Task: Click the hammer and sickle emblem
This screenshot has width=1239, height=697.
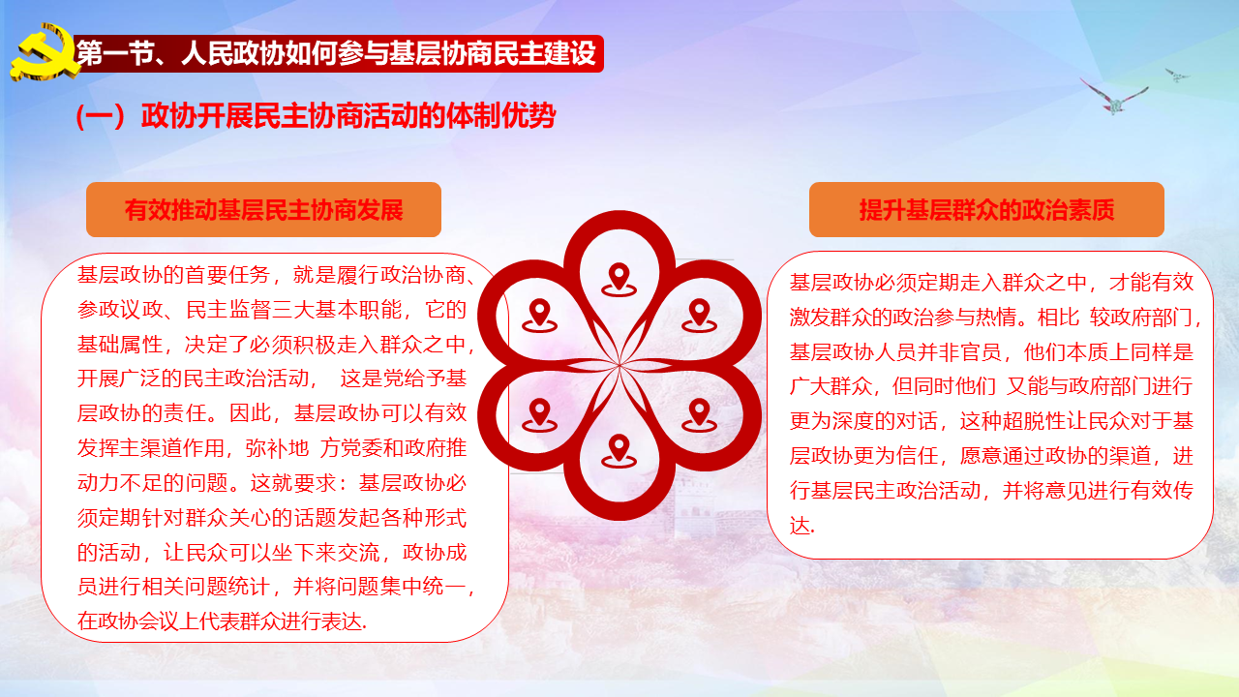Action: [45, 53]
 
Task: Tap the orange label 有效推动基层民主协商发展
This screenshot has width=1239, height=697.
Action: [263, 210]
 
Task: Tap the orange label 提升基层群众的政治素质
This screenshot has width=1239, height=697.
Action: [986, 210]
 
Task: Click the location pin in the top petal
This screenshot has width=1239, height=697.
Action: [619, 280]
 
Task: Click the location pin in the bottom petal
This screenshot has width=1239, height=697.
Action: [619, 451]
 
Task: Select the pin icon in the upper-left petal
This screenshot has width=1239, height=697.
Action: [539, 316]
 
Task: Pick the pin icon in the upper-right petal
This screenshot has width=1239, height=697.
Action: [699, 316]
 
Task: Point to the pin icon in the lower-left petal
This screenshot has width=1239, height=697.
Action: [539, 415]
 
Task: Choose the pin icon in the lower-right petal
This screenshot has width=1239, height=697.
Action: [699, 415]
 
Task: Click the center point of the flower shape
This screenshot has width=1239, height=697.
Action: [619, 365]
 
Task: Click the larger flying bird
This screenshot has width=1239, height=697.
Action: [1113, 98]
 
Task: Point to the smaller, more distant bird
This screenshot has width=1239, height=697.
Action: [1176, 76]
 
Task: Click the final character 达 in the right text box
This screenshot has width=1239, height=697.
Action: [800, 526]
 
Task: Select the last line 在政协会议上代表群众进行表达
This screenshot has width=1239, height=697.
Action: [222, 621]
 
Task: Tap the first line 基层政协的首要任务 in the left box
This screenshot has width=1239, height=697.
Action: [277, 275]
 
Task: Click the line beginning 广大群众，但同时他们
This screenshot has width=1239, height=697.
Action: [990, 386]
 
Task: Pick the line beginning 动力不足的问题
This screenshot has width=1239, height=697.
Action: [272, 483]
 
